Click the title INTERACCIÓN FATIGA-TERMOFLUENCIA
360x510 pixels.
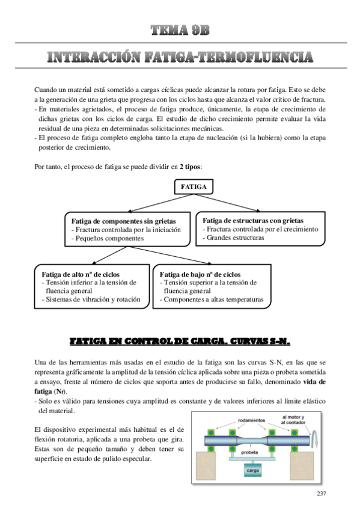(x=180, y=58)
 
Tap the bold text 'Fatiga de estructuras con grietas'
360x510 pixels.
(x=253, y=220)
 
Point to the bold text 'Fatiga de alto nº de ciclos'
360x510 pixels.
(x=81, y=274)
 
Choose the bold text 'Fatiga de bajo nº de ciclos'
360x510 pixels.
(x=200, y=274)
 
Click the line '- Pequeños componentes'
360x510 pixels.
(x=108, y=238)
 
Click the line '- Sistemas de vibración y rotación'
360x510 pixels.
(x=91, y=299)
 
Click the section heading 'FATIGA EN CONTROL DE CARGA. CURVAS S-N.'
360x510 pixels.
(x=180, y=341)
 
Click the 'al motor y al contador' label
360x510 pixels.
(x=293, y=419)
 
